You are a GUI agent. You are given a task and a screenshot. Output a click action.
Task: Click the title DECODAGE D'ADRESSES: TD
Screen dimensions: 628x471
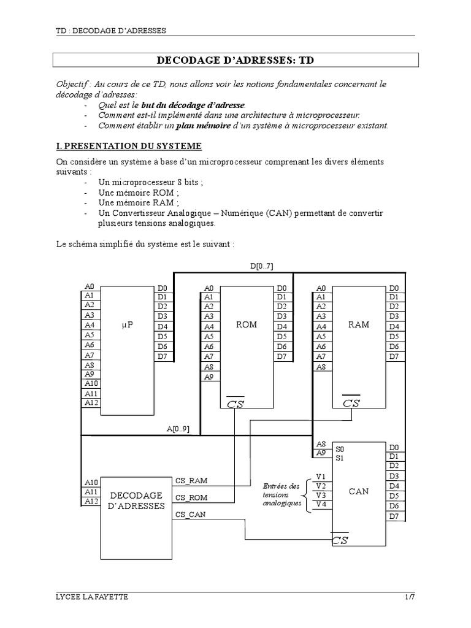(235, 61)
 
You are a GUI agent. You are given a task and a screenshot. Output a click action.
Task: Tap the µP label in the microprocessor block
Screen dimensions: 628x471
(127, 326)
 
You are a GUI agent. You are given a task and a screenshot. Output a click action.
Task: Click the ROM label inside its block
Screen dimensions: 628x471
(247, 324)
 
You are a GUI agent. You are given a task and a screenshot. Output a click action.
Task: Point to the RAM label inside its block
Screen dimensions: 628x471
(359, 324)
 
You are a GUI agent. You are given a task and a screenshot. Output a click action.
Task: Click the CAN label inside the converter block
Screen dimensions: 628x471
(359, 491)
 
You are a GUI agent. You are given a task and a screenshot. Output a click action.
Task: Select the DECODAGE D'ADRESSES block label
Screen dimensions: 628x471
(136, 500)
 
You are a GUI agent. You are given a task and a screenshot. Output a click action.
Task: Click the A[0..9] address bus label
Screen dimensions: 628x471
(178, 429)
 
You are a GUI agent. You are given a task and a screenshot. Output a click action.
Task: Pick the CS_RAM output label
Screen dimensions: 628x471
(191, 481)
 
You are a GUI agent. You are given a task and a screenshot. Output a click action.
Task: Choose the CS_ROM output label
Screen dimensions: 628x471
(191, 497)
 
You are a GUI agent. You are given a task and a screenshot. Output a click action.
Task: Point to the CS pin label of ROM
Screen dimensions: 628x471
(235, 403)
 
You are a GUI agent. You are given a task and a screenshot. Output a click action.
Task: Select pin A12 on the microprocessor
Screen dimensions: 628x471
(91, 403)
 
